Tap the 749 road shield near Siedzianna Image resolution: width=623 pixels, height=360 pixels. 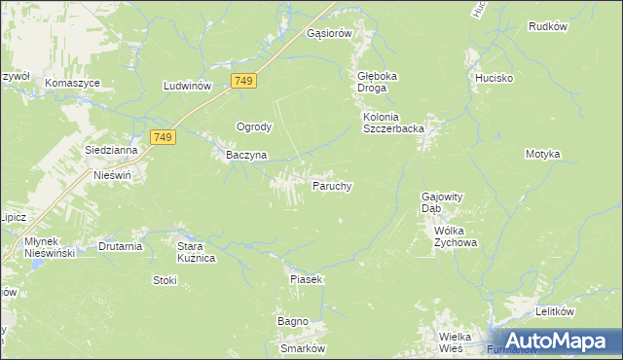pyautogui.click(x=163, y=138)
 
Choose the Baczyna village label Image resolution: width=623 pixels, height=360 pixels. pyautogui.click(x=239, y=155)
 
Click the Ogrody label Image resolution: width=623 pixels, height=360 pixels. pyautogui.click(x=254, y=126)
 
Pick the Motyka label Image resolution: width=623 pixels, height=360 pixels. pyautogui.click(x=542, y=154)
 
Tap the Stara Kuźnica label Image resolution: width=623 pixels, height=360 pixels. pyautogui.click(x=195, y=252)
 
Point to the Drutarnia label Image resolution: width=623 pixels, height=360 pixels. pyautogui.click(x=121, y=246)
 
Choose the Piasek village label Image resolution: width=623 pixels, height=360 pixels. pyautogui.click(x=306, y=279)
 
